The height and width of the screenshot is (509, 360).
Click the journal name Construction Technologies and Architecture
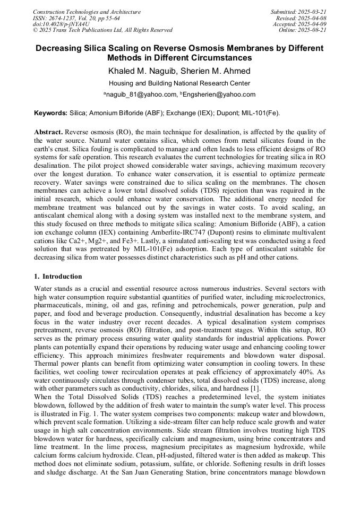[87, 12]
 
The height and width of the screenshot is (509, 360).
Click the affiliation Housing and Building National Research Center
[179, 83]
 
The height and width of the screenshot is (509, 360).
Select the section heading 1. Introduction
[58, 277]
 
